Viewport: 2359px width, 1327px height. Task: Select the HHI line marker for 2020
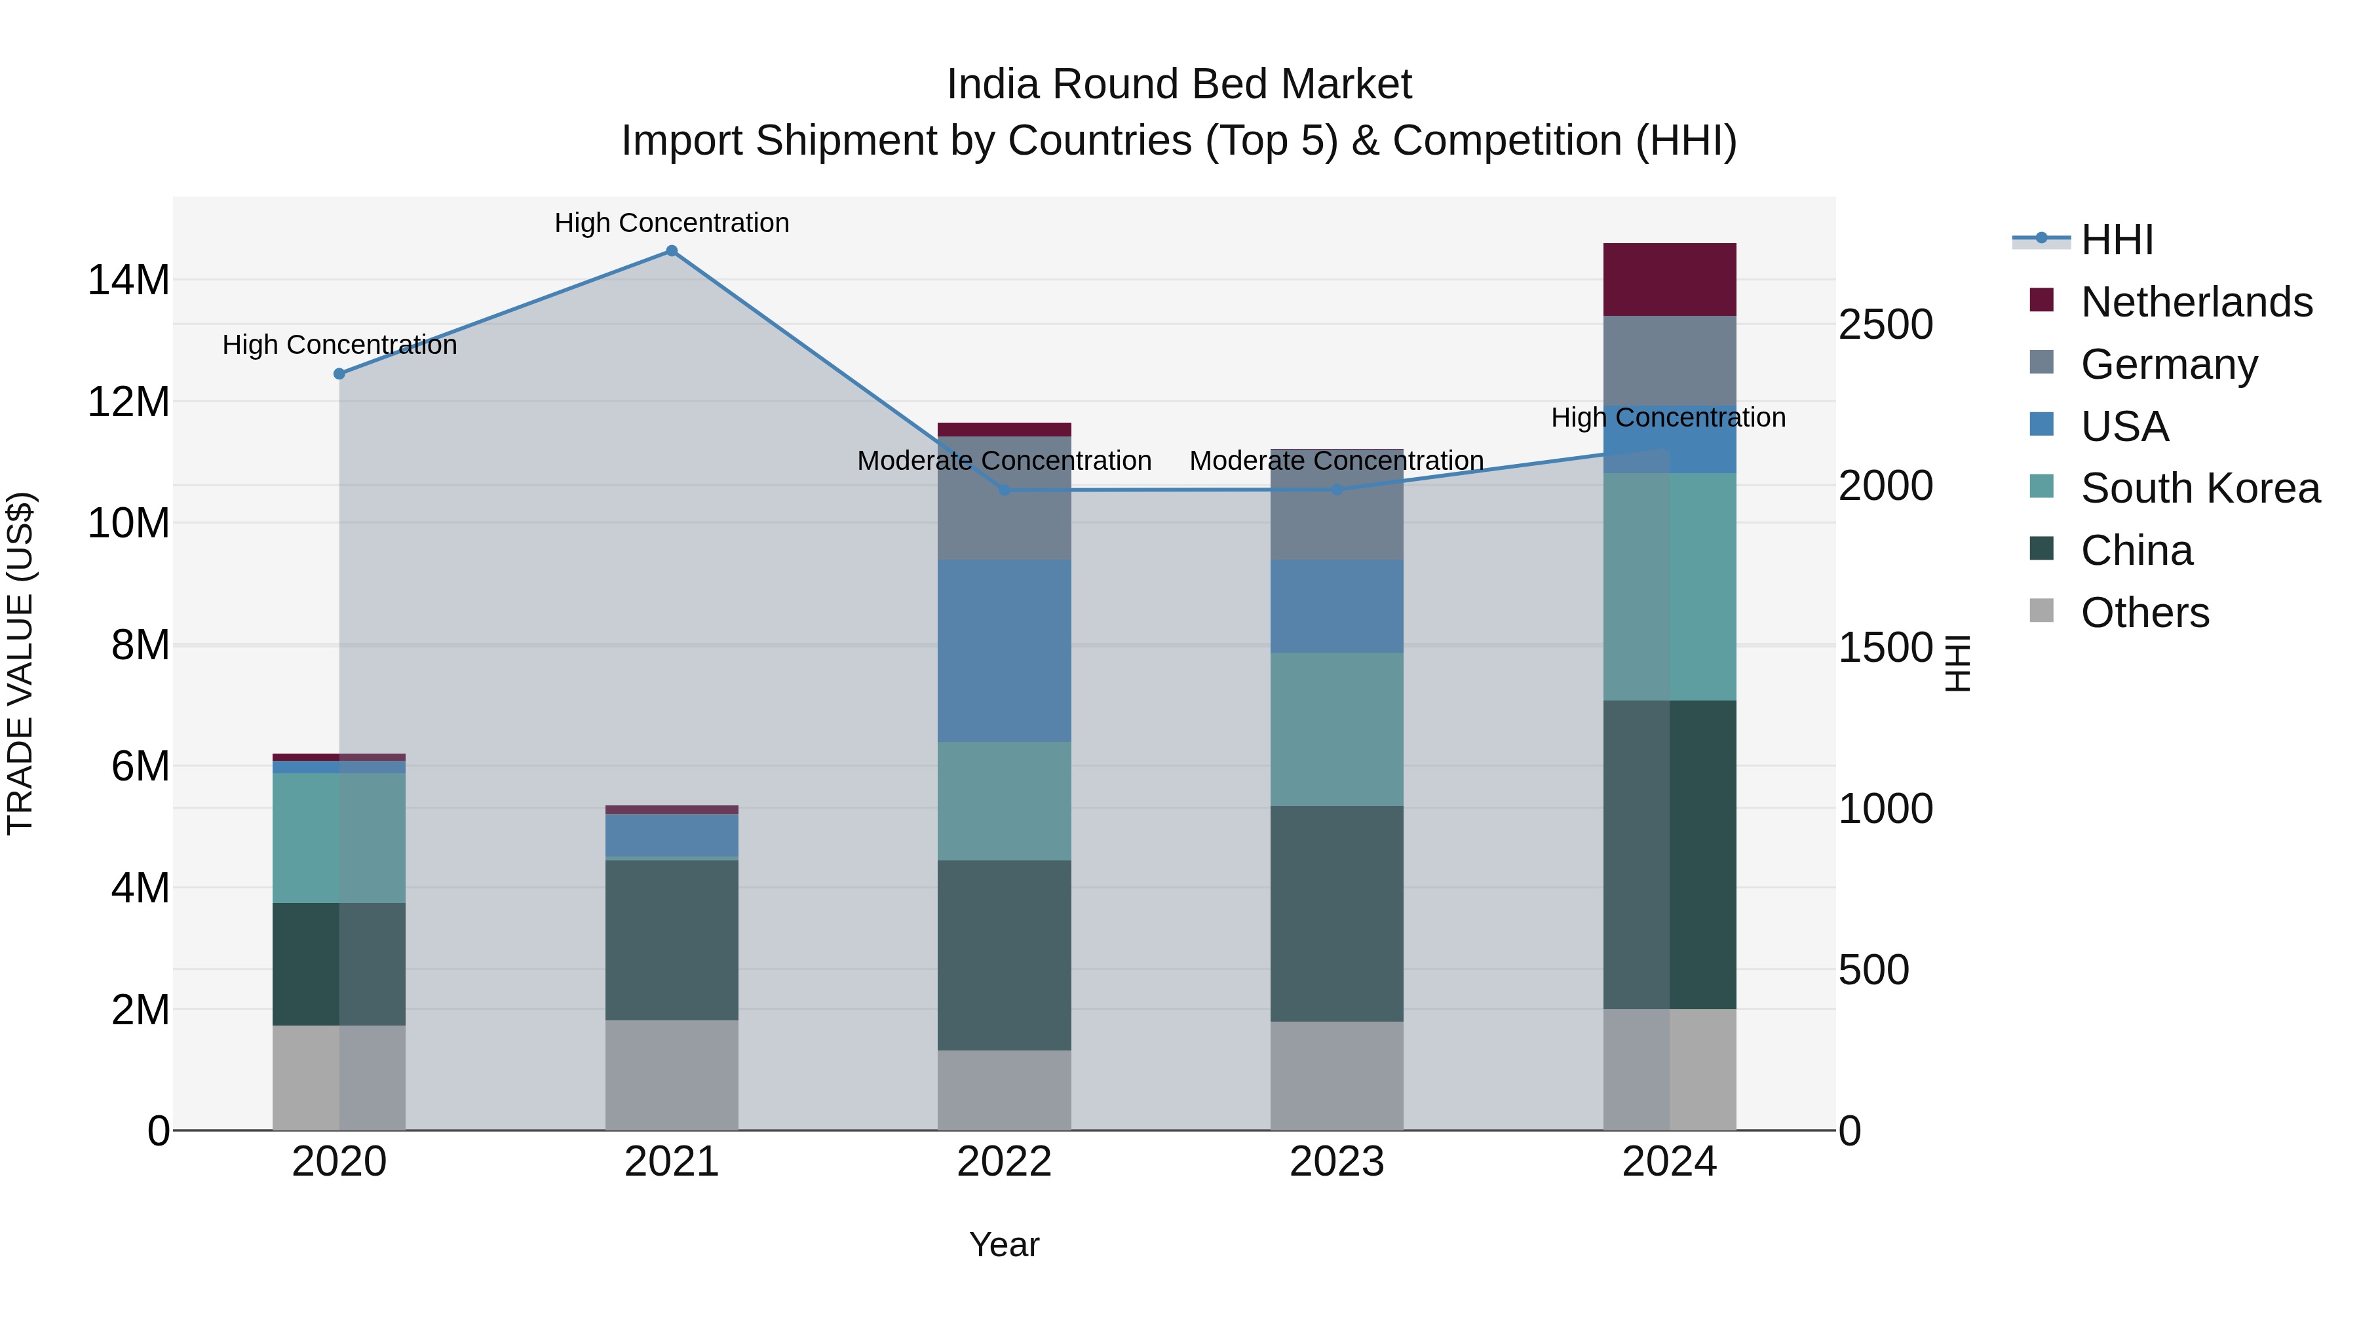(339, 374)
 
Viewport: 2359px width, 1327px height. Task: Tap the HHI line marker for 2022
(1004, 491)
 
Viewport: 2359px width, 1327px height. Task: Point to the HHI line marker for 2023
(1336, 490)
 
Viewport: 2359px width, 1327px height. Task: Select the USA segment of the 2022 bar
(1004, 650)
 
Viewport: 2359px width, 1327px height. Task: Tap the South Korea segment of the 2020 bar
(339, 838)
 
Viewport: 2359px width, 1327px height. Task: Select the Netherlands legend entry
(2195, 302)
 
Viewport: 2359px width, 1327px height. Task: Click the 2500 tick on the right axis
(1885, 325)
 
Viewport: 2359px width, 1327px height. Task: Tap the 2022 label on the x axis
(1004, 1162)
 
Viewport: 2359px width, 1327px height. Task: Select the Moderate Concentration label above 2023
(1336, 461)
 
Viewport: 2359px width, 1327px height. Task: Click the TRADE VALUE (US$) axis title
(20, 663)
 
